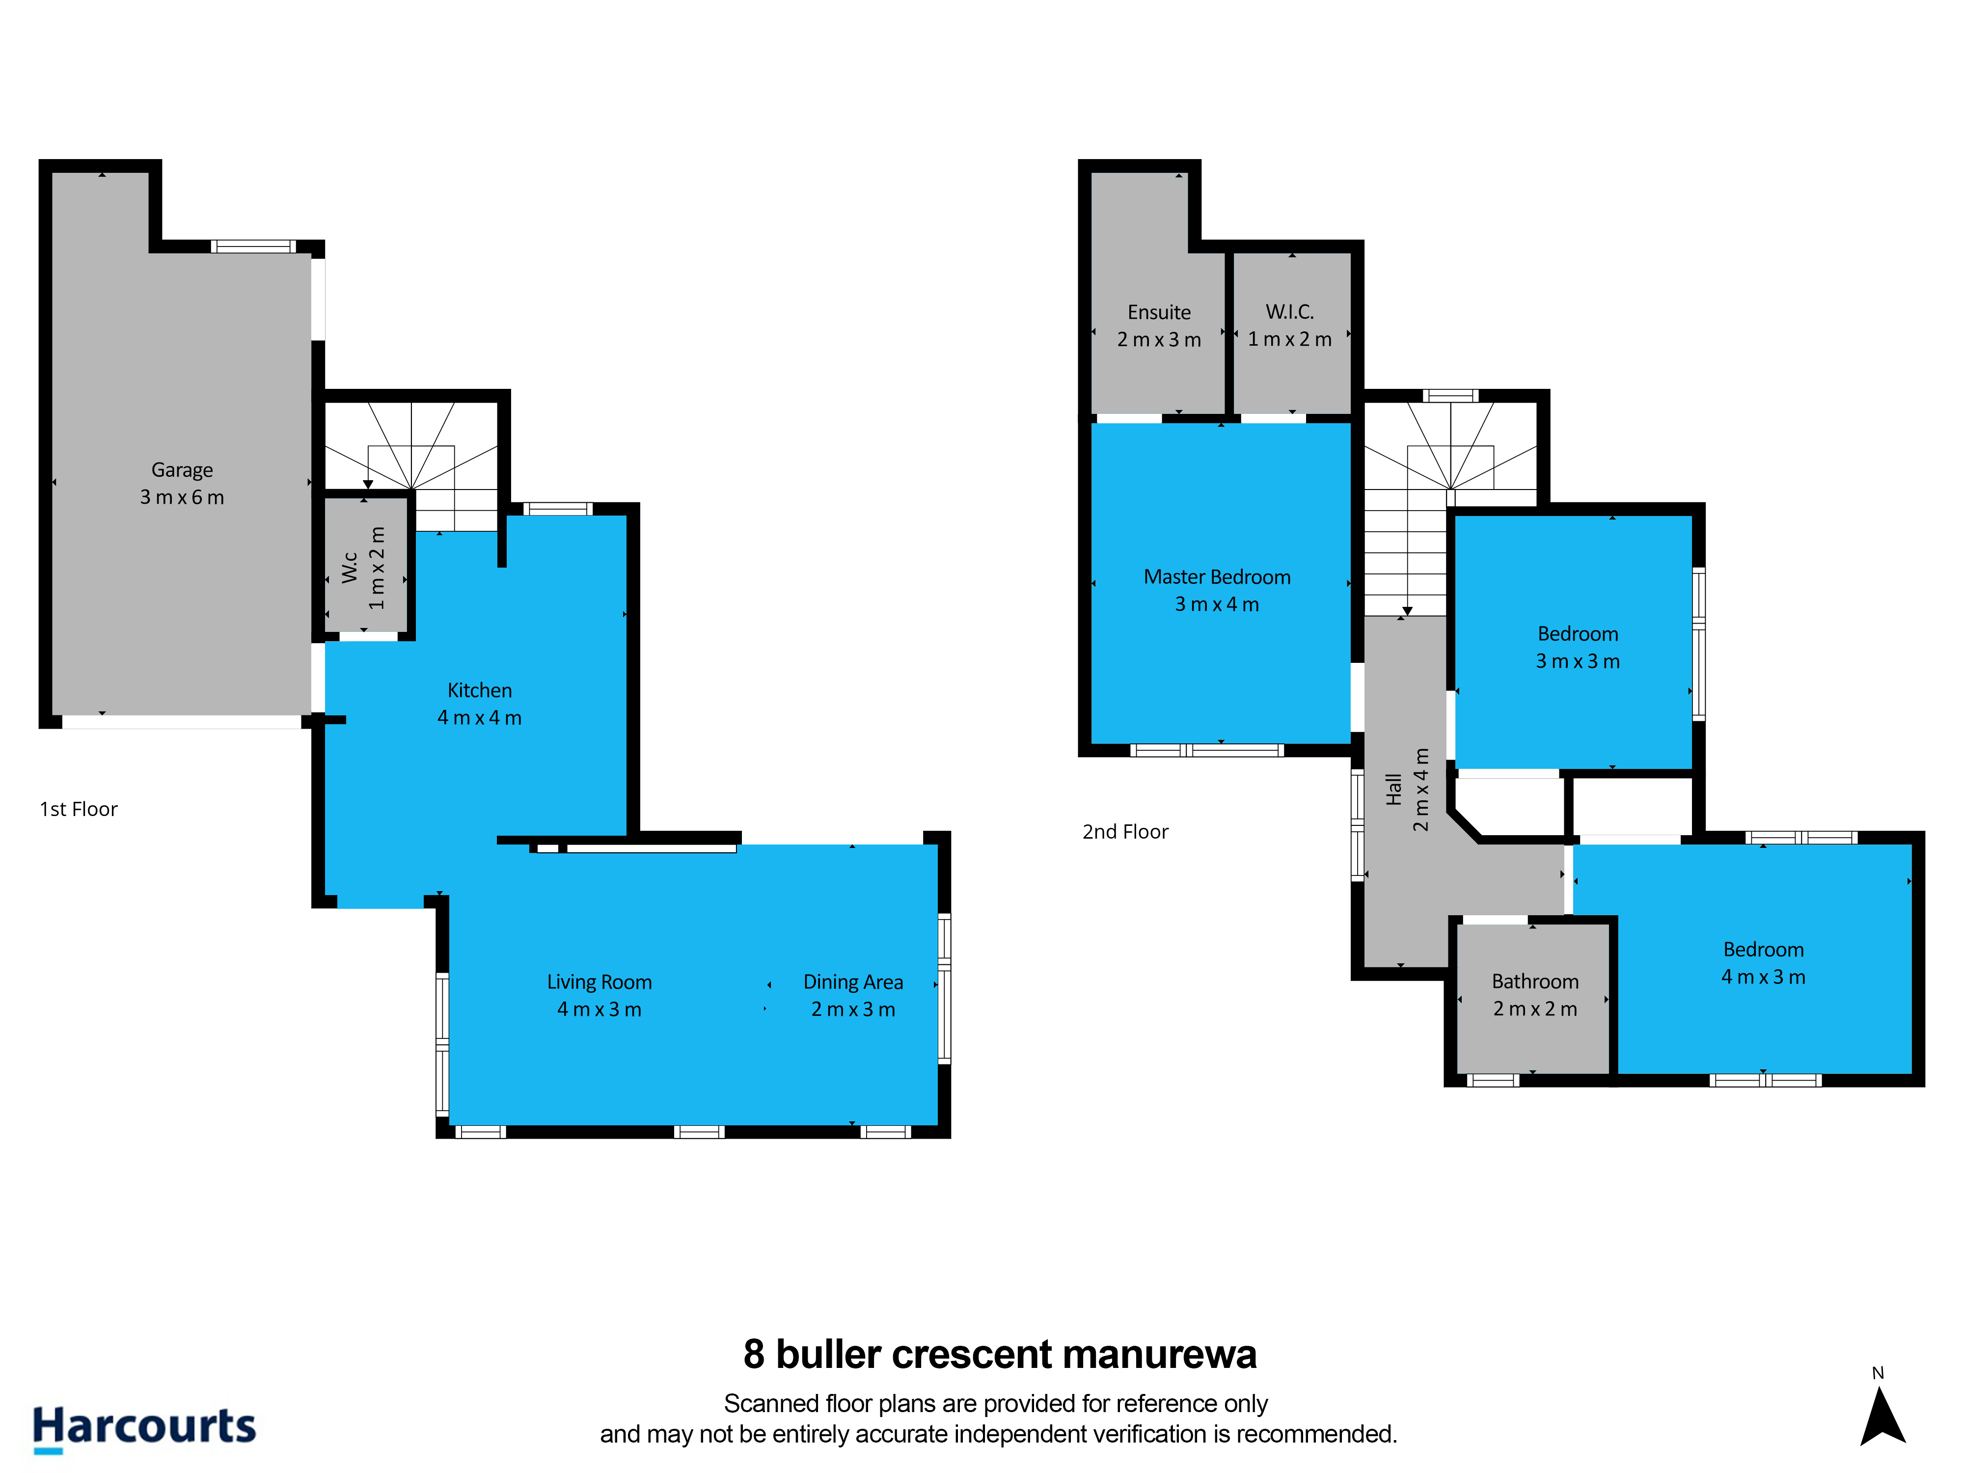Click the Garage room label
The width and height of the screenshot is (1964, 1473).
pyautogui.click(x=182, y=470)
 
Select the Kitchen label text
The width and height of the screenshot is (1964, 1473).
pyautogui.click(x=479, y=690)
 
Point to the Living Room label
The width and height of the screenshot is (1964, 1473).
pyautogui.click(x=600, y=982)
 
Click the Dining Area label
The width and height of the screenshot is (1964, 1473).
pyautogui.click(x=853, y=982)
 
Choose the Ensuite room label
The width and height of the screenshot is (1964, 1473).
pyautogui.click(x=1159, y=313)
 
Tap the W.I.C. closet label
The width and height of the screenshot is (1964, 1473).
pyautogui.click(x=1290, y=312)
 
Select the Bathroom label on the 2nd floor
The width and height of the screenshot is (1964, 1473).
pyautogui.click(x=1535, y=981)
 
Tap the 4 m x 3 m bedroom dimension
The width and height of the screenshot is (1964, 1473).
pyautogui.click(x=1763, y=977)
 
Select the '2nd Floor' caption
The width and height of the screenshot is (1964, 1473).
pyautogui.click(x=1125, y=832)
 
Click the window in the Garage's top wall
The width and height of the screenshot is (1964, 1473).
pyautogui.click(x=253, y=246)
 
